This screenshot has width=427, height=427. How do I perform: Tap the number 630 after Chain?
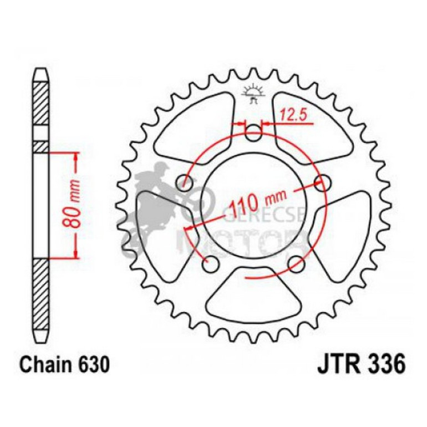click(89, 365)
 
